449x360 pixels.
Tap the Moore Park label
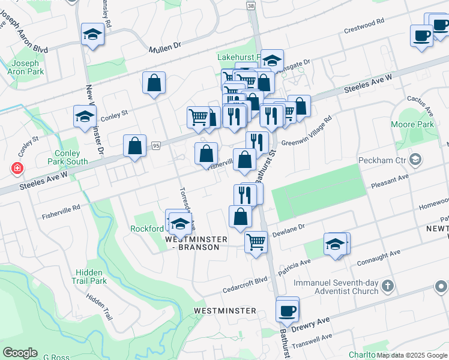click(x=416, y=124)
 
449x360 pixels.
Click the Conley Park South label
click(x=68, y=157)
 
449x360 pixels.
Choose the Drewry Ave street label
click(x=310, y=325)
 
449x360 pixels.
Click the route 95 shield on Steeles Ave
click(x=156, y=145)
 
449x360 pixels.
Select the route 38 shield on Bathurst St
click(x=250, y=5)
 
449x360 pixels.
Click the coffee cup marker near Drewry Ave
click(x=288, y=310)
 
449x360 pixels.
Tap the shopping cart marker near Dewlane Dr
click(x=256, y=242)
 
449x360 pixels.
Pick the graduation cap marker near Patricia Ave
click(x=335, y=244)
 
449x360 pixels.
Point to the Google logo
click(x=19, y=353)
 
